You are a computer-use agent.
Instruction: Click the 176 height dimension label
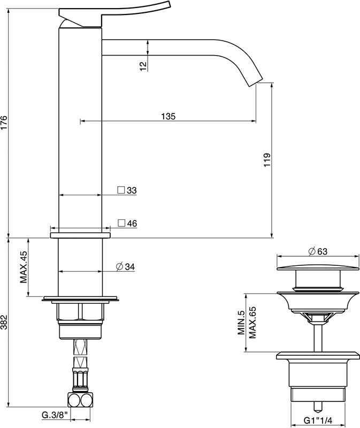click(4, 123)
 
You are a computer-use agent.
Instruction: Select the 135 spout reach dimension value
click(168, 116)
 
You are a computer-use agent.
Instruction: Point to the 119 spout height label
click(267, 160)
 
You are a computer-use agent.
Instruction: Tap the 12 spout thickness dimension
click(143, 66)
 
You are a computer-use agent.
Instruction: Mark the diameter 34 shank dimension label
click(126, 266)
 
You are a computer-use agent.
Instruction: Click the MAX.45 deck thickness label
click(24, 267)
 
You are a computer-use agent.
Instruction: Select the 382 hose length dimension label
click(4, 323)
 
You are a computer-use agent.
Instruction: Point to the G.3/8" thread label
click(55, 415)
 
